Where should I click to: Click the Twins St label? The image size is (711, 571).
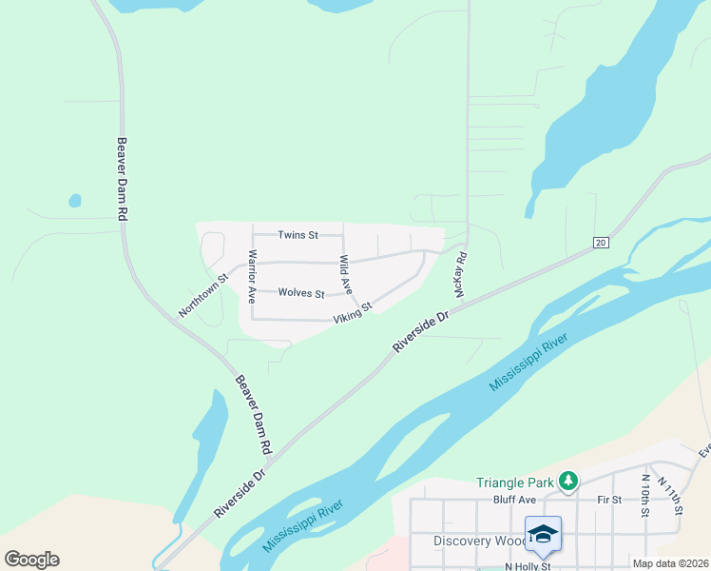(297, 234)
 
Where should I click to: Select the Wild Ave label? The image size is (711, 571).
(346, 273)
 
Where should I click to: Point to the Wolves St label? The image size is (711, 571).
(301, 294)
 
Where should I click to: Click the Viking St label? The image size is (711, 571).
(352, 312)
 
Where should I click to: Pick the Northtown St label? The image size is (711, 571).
(204, 297)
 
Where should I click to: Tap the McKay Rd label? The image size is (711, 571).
(461, 275)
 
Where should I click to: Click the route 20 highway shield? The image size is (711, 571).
(600, 243)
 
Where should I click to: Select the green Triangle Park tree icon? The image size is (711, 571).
(568, 482)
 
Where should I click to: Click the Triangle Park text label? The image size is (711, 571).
(516, 482)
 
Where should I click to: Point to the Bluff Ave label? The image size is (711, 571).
(515, 499)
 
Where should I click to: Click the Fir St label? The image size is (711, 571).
(609, 499)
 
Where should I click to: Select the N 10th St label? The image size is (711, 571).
(645, 496)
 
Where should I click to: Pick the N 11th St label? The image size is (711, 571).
(674, 498)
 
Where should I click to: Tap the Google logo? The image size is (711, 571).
(31, 560)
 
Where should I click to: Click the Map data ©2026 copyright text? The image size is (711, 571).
(670, 563)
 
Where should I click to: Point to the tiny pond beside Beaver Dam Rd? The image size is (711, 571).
(74, 201)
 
